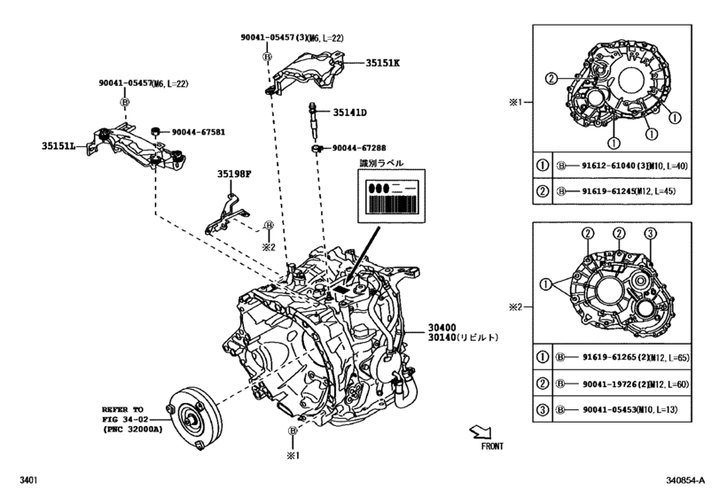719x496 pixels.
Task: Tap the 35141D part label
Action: (x=350, y=112)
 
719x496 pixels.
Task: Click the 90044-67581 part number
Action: (x=198, y=132)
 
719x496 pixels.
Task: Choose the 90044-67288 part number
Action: (x=362, y=149)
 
